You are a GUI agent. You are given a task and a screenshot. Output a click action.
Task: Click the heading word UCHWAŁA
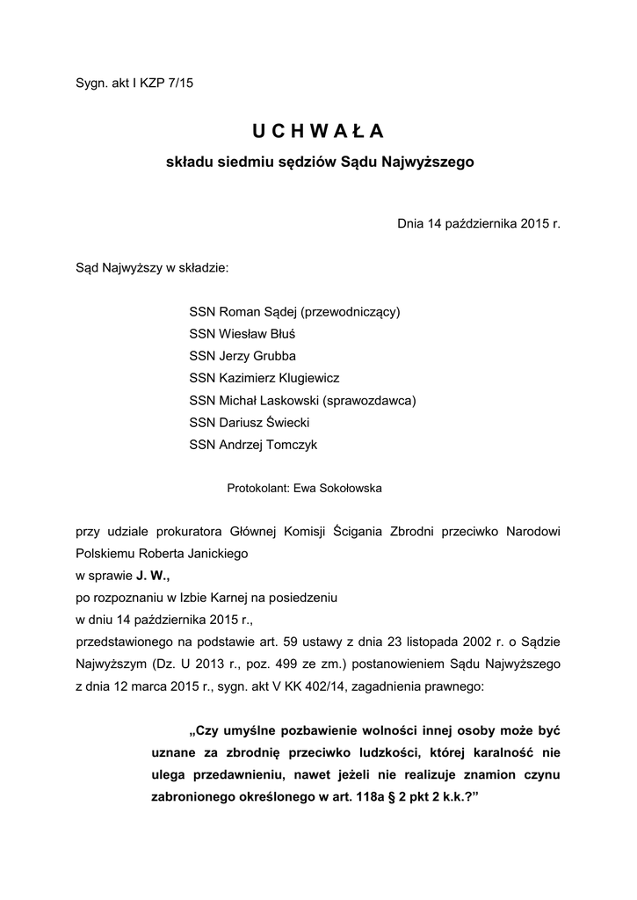coord(318,131)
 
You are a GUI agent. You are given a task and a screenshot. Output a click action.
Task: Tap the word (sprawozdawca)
coord(368,400)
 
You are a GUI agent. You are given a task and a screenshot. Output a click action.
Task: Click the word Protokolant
coord(253,485)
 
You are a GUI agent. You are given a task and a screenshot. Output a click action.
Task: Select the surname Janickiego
coord(211,554)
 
